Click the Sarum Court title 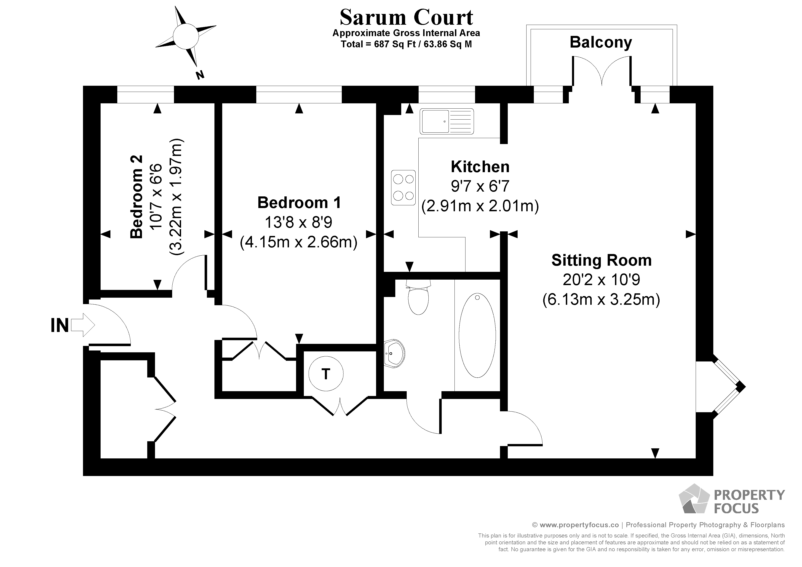(x=406, y=17)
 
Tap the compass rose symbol (x=185, y=37)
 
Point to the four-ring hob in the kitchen (x=404, y=188)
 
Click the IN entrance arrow (x=83, y=325)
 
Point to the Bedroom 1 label (x=299, y=203)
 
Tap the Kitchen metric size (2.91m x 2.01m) (x=480, y=206)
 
